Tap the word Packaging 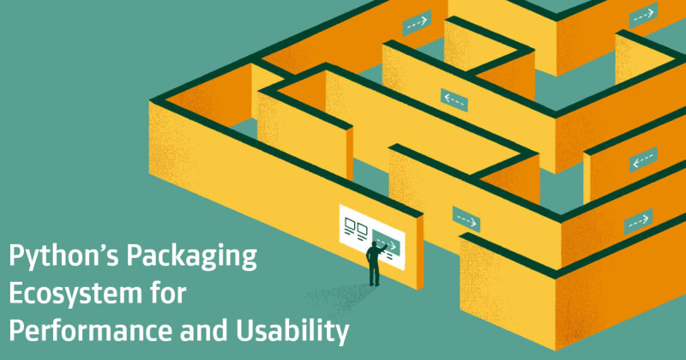tap(192, 255)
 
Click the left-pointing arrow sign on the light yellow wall tap(454, 100)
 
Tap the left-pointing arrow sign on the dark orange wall tap(642, 160)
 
